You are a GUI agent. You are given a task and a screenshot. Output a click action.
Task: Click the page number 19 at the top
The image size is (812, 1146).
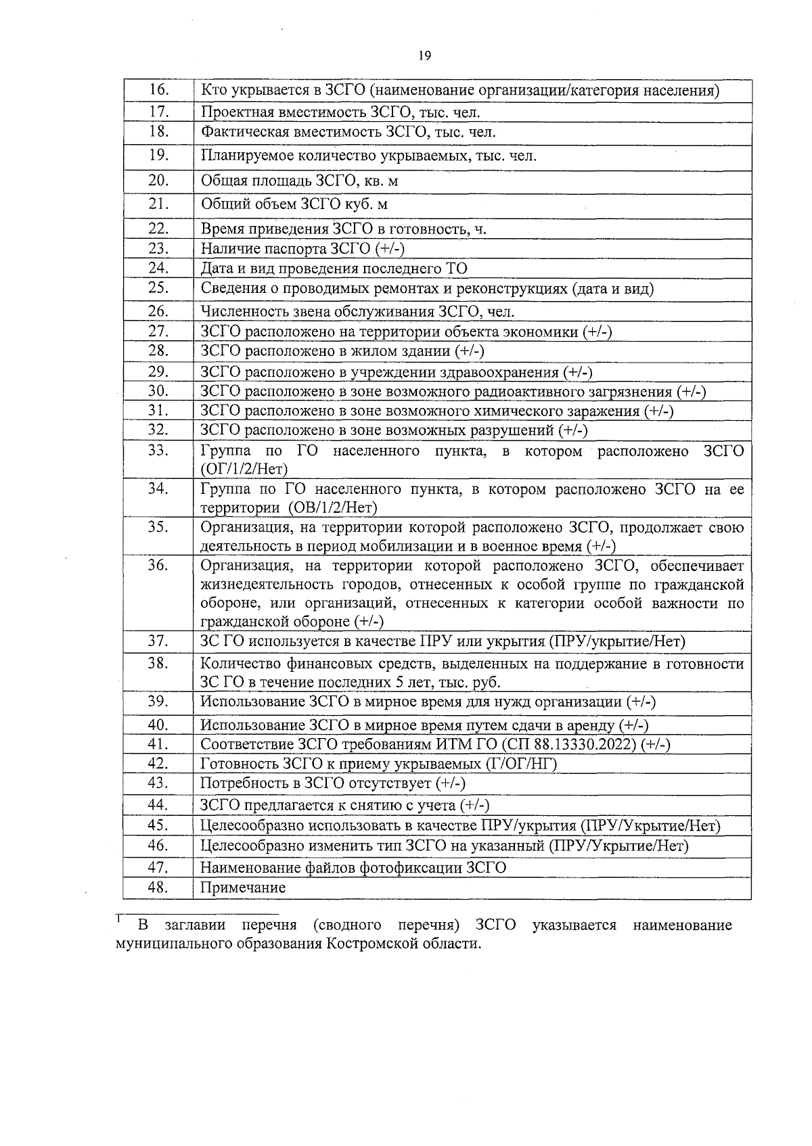tap(424, 56)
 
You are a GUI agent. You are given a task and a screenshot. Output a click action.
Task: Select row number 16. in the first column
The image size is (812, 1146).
tap(158, 89)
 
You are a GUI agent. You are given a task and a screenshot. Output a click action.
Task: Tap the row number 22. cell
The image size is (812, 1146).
tap(158, 229)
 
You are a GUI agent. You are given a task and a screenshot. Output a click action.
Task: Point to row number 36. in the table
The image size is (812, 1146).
tap(158, 566)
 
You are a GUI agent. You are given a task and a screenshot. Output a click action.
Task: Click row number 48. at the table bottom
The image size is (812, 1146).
tap(158, 888)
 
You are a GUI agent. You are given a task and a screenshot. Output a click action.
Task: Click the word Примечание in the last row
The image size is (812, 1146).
tap(244, 888)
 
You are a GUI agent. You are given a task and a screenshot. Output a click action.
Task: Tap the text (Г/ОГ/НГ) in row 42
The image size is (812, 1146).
tap(522, 764)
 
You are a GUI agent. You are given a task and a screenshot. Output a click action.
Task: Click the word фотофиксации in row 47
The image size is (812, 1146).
tap(413, 867)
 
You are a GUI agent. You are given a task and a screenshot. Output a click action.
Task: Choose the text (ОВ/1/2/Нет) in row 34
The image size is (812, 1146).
tap(332, 507)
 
